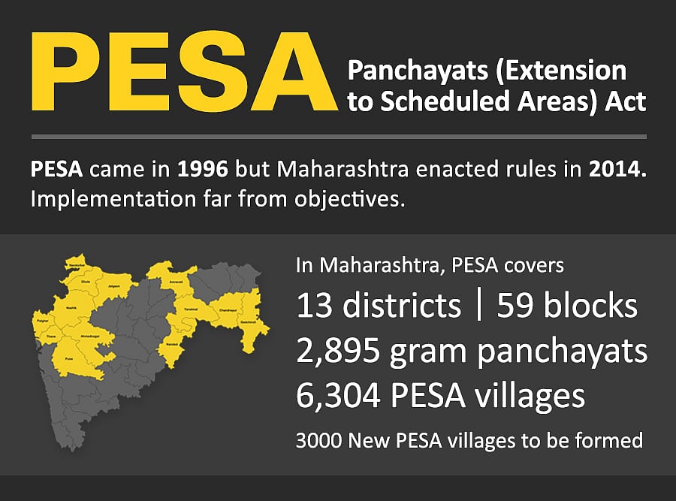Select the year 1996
coord(203,170)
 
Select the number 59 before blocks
coord(515,306)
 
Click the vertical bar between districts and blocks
coord(479,306)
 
